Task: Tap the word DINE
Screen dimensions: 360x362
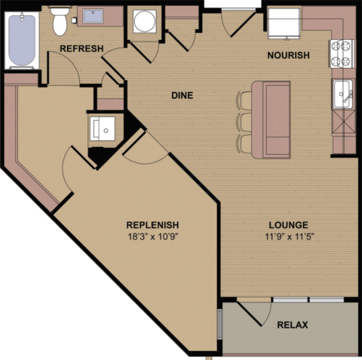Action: (x=183, y=96)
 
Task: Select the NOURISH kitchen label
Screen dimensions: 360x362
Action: (x=289, y=55)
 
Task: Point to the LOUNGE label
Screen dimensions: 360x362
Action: (x=287, y=225)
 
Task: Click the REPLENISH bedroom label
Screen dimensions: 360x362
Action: (x=152, y=225)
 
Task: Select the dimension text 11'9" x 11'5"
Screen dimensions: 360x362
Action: (x=287, y=237)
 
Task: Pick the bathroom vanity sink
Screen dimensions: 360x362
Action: (x=94, y=16)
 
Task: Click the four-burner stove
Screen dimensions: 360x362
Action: (x=342, y=52)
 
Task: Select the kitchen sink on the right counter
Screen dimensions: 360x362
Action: (x=343, y=94)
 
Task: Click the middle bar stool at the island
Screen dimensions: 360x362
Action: (x=243, y=121)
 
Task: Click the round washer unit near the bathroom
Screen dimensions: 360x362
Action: (x=144, y=22)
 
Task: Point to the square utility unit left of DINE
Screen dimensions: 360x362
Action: (x=103, y=128)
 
